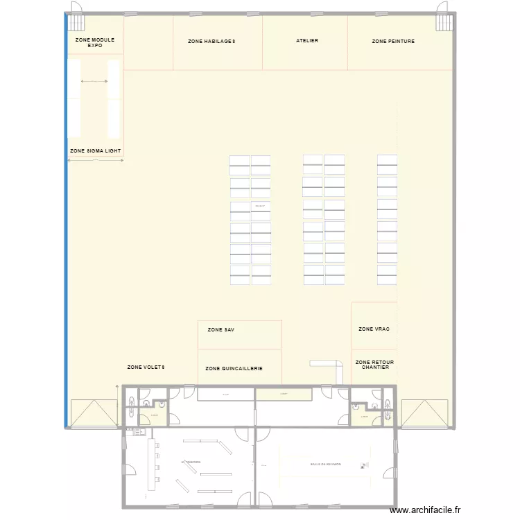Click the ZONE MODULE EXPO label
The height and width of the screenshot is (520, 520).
point(94,43)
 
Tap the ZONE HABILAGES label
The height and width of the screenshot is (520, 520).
point(211,42)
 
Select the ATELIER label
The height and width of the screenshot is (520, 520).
point(307,41)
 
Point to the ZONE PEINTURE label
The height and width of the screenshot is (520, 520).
point(393,42)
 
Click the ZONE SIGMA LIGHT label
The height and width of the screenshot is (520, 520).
point(96,150)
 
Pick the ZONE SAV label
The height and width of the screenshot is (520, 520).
point(220,329)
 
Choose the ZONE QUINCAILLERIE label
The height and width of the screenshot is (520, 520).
point(234,369)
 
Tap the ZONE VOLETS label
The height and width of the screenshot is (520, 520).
point(146,367)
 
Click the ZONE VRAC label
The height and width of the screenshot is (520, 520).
point(374,329)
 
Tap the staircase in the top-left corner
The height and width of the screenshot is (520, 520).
point(74,23)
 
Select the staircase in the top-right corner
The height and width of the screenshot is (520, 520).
point(444,23)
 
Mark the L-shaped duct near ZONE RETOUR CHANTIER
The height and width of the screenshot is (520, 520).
point(329,365)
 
